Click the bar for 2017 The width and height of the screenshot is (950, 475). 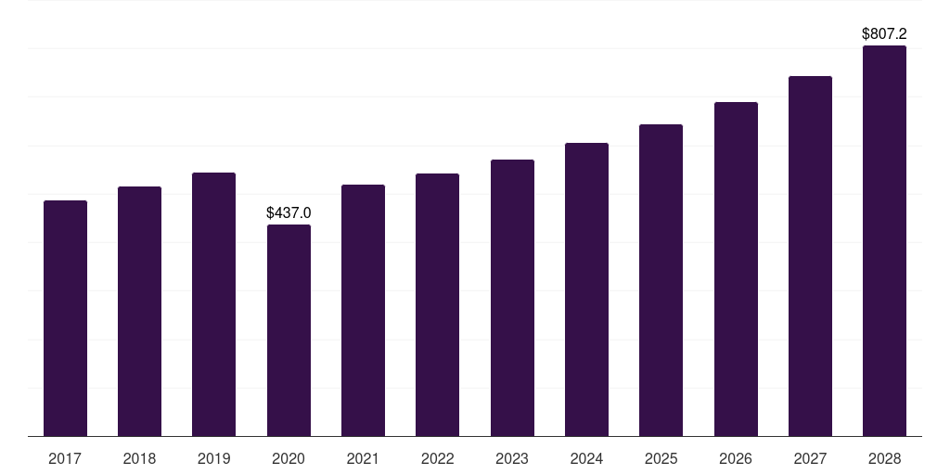pyautogui.click(x=65, y=318)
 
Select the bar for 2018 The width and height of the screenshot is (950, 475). pyautogui.click(x=139, y=312)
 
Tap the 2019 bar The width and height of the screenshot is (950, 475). pyautogui.click(x=213, y=304)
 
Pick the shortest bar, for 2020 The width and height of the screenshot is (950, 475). pyautogui.click(x=289, y=330)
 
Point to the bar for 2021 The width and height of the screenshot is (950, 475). pyautogui.click(x=363, y=311)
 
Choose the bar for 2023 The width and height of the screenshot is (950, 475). pyautogui.click(x=512, y=298)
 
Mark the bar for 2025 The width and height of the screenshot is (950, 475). pyautogui.click(x=661, y=280)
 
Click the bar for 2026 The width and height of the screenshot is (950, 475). pyautogui.click(x=736, y=269)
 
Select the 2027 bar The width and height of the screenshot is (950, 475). pyautogui.click(x=810, y=256)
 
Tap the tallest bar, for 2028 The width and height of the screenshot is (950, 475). pyautogui.click(x=884, y=241)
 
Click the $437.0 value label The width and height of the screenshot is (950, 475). pyautogui.click(x=289, y=213)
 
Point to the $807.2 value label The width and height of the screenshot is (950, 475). pyautogui.click(x=884, y=34)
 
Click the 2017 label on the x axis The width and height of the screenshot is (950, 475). pyautogui.click(x=65, y=458)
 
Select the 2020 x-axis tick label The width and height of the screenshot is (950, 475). pyautogui.click(x=289, y=458)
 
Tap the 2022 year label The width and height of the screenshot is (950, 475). pyautogui.click(x=437, y=458)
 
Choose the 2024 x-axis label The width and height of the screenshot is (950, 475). pyautogui.click(x=586, y=458)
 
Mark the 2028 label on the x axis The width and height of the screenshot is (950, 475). pyautogui.click(x=884, y=458)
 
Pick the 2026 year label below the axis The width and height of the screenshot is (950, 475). pyautogui.click(x=736, y=458)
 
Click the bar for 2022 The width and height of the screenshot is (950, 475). pyautogui.click(x=437, y=305)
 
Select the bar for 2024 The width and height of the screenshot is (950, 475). pyautogui.click(x=586, y=289)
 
